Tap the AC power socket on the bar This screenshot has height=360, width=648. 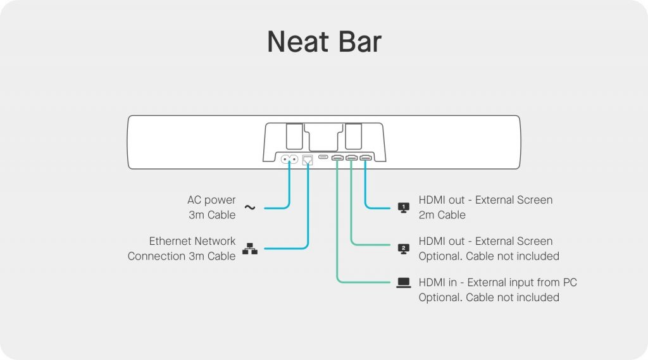(x=289, y=159)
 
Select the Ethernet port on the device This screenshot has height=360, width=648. (x=308, y=159)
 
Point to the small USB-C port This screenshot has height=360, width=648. (x=323, y=157)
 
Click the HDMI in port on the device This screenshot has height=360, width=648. (x=337, y=157)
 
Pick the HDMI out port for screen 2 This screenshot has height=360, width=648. (x=351, y=157)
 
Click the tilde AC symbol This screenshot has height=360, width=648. (x=250, y=208)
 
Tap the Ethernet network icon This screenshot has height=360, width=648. (x=250, y=249)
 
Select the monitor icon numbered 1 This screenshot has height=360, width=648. (x=403, y=208)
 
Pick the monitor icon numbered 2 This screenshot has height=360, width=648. (x=403, y=249)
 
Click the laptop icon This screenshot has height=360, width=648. (x=403, y=283)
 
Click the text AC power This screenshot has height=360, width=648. (x=211, y=200)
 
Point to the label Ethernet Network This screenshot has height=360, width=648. (x=192, y=241)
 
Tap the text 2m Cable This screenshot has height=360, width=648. (x=442, y=215)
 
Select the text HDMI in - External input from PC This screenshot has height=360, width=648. (x=497, y=282)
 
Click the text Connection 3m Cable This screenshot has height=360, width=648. (x=182, y=256)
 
